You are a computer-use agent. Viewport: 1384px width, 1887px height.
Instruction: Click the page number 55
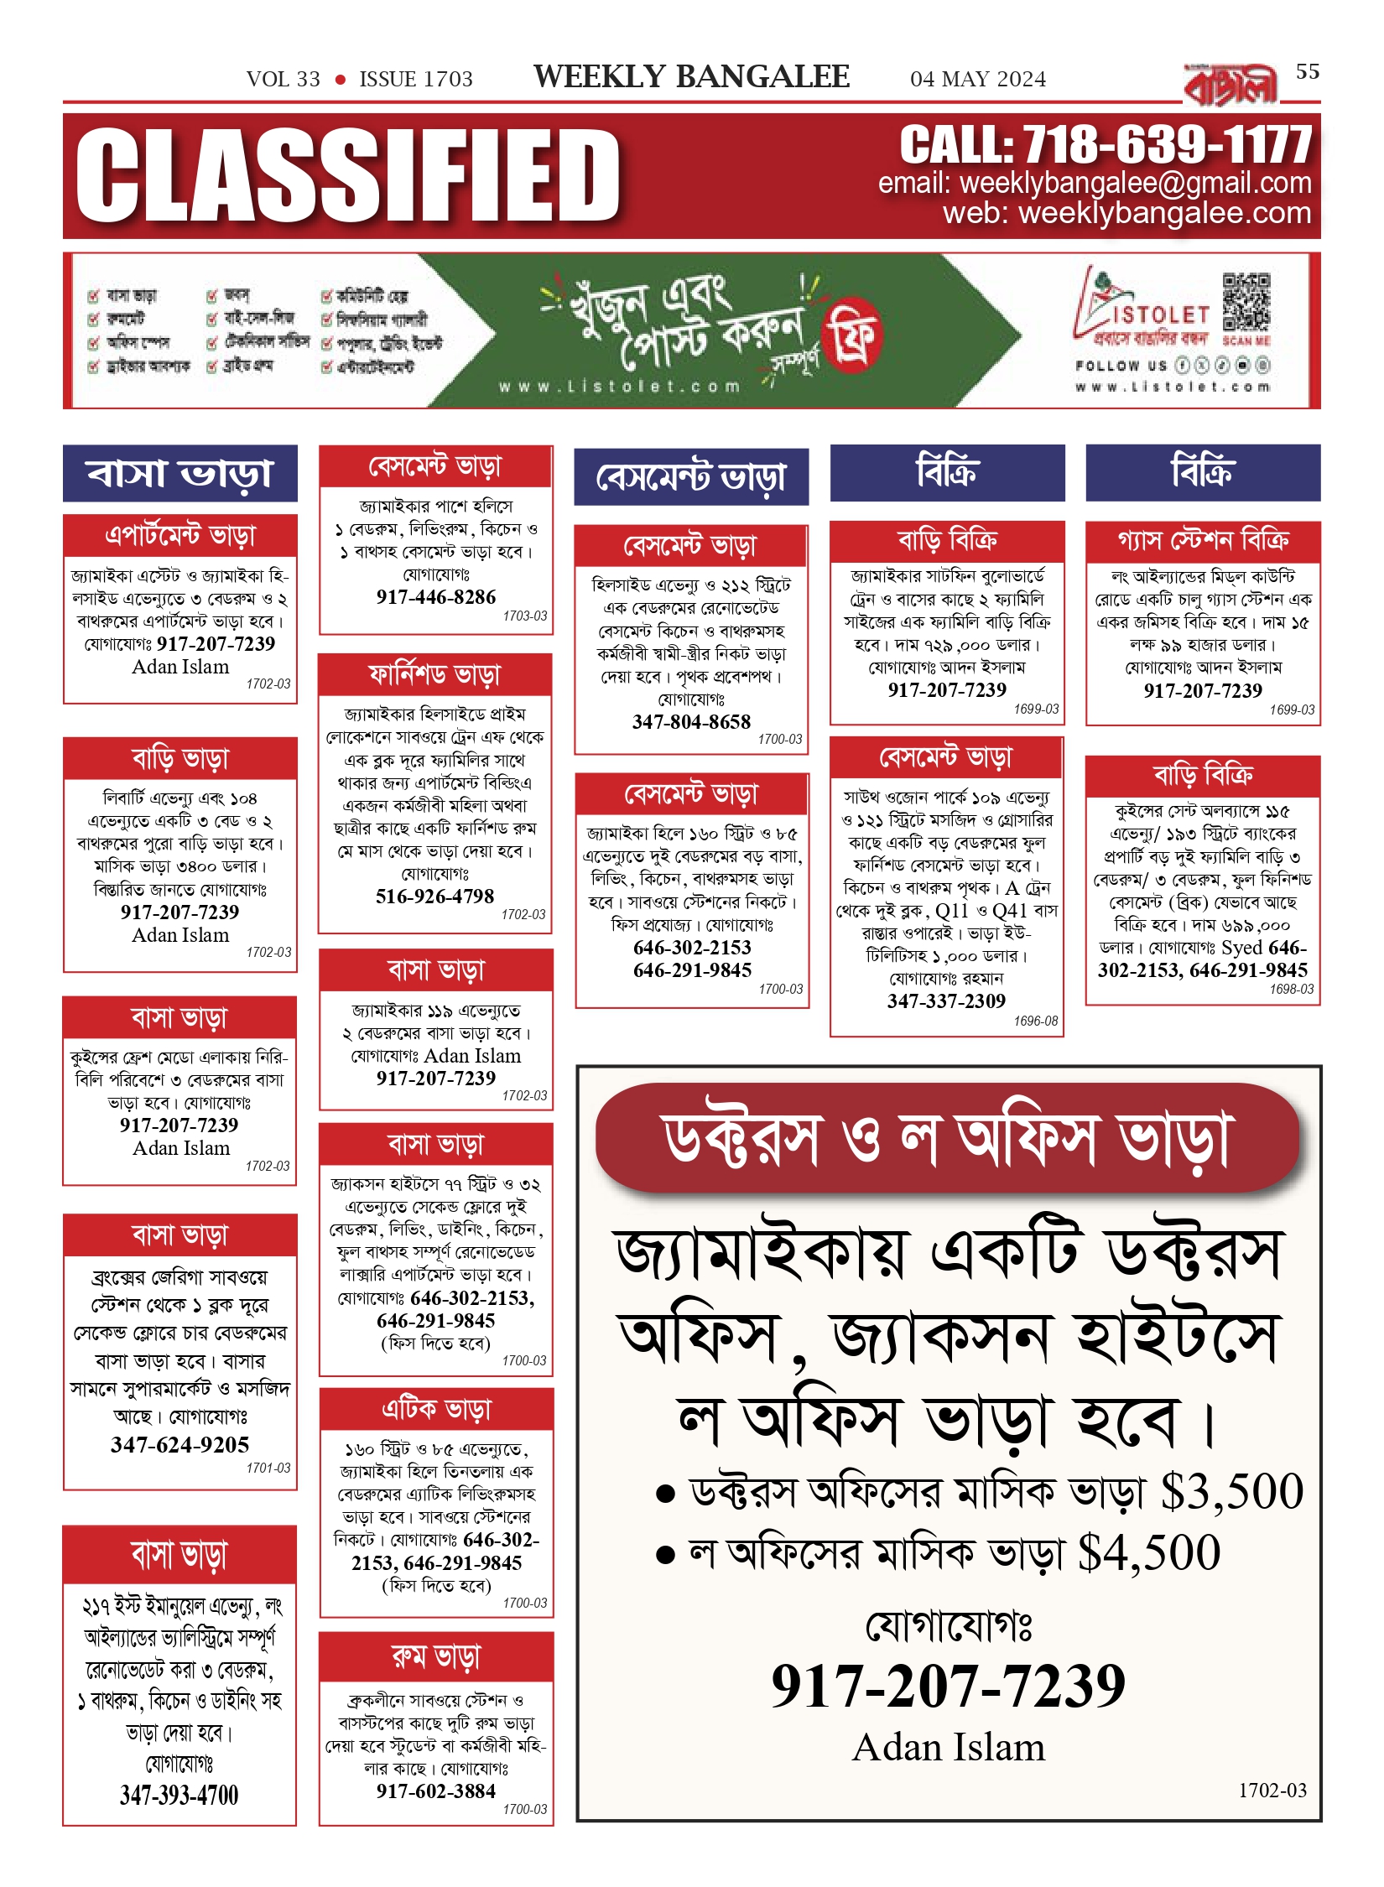click(x=1307, y=72)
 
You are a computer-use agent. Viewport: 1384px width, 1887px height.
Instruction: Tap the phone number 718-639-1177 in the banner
click(x=1167, y=145)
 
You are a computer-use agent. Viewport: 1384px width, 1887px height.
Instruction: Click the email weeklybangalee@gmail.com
click(x=1135, y=183)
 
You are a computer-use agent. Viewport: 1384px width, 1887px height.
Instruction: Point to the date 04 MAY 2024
click(x=978, y=79)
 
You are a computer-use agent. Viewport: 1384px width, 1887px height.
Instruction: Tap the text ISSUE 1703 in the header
click(x=416, y=79)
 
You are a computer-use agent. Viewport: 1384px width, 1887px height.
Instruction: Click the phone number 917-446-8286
click(x=436, y=597)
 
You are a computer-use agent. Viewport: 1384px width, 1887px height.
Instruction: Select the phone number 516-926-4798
click(x=434, y=897)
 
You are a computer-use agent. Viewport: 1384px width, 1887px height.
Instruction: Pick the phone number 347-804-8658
click(x=691, y=722)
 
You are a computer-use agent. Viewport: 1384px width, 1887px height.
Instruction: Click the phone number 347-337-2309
click(x=946, y=1001)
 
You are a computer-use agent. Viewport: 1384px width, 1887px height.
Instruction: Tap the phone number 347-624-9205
click(x=180, y=1445)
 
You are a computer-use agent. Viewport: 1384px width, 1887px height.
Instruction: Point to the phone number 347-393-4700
click(x=180, y=1795)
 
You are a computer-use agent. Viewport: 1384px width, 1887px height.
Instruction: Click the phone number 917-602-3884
click(x=436, y=1791)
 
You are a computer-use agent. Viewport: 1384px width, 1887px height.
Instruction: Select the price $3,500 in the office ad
click(x=1232, y=1493)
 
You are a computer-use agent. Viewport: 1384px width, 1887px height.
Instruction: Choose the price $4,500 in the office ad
click(x=1149, y=1553)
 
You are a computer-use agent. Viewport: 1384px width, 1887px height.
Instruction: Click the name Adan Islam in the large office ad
click(x=949, y=1748)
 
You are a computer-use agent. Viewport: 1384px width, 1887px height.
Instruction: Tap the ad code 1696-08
click(x=1036, y=1021)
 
